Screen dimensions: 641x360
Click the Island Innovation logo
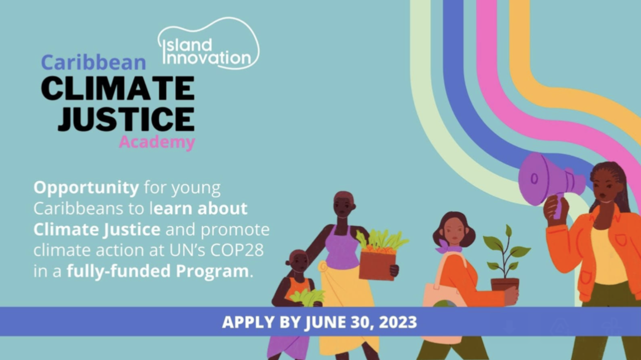[x=208, y=43]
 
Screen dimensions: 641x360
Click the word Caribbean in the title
[x=94, y=62]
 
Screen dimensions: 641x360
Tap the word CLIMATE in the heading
[x=118, y=88]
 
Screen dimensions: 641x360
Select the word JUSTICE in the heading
[x=126, y=119]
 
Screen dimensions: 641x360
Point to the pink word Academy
[x=157, y=142]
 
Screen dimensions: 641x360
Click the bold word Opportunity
[x=86, y=188]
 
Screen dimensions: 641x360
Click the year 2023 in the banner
[x=398, y=322]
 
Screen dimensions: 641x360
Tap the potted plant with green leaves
[x=506, y=256]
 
